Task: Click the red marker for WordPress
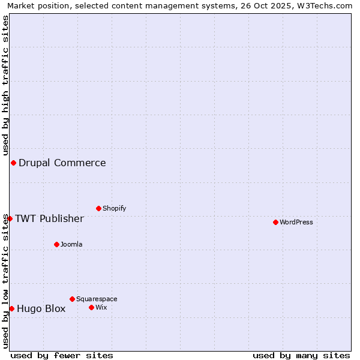[275, 222]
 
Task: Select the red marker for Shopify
[98, 208]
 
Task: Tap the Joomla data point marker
[56, 244]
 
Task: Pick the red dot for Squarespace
[72, 299]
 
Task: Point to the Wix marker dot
[91, 307]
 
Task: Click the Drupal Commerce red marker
[13, 163]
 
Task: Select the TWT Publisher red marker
[10, 218]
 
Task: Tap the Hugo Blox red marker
[11, 308]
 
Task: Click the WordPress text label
[296, 222]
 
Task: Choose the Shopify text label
[114, 208]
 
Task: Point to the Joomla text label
[71, 244]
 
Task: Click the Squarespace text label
[97, 299]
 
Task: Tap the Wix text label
[101, 307]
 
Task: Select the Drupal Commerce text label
[62, 163]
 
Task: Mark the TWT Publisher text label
[49, 218]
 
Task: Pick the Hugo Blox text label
[41, 309]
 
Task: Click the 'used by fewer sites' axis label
[62, 355]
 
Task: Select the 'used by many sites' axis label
[301, 355]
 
